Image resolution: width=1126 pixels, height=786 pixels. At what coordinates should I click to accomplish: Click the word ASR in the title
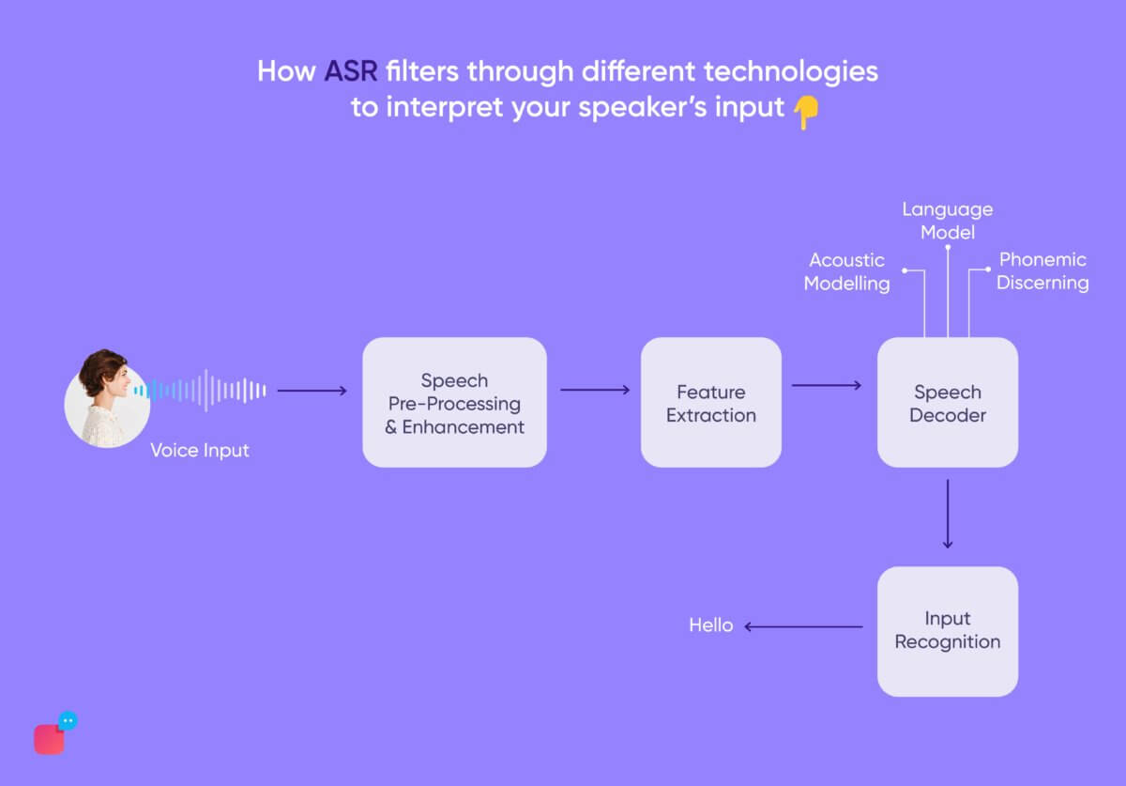(351, 71)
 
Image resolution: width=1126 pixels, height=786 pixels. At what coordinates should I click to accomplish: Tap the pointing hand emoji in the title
(805, 112)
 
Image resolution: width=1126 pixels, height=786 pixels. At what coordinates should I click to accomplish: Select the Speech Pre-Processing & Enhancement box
(454, 403)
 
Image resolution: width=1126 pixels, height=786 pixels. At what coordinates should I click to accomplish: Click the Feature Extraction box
(710, 403)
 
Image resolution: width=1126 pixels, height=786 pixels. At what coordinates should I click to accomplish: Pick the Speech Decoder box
(947, 403)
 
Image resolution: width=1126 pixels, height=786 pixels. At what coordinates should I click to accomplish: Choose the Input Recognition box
(947, 630)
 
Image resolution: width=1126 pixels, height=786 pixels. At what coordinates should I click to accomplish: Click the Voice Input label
(200, 451)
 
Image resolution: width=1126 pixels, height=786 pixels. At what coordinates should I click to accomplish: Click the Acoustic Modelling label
(846, 271)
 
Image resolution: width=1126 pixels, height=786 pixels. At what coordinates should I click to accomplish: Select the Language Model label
(947, 221)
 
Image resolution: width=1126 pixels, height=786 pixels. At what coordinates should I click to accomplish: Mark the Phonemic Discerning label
(1042, 271)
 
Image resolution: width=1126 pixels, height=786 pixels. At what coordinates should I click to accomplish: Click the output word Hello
(710, 625)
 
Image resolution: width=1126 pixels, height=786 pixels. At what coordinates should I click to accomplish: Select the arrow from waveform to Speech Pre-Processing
(312, 391)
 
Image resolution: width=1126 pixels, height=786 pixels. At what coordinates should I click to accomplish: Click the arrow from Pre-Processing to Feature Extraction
(595, 390)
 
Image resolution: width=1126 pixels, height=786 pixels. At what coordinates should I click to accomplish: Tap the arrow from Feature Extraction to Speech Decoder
(827, 385)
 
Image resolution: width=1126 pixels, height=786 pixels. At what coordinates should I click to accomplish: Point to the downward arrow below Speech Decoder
(947, 514)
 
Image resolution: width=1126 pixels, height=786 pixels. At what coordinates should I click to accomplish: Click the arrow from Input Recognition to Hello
(804, 626)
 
